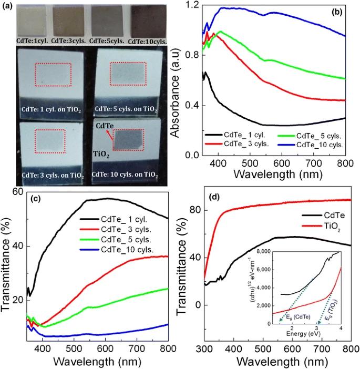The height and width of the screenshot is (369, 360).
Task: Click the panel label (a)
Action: [x=8, y=4]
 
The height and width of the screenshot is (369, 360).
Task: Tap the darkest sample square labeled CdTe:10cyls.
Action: [x=147, y=19]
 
